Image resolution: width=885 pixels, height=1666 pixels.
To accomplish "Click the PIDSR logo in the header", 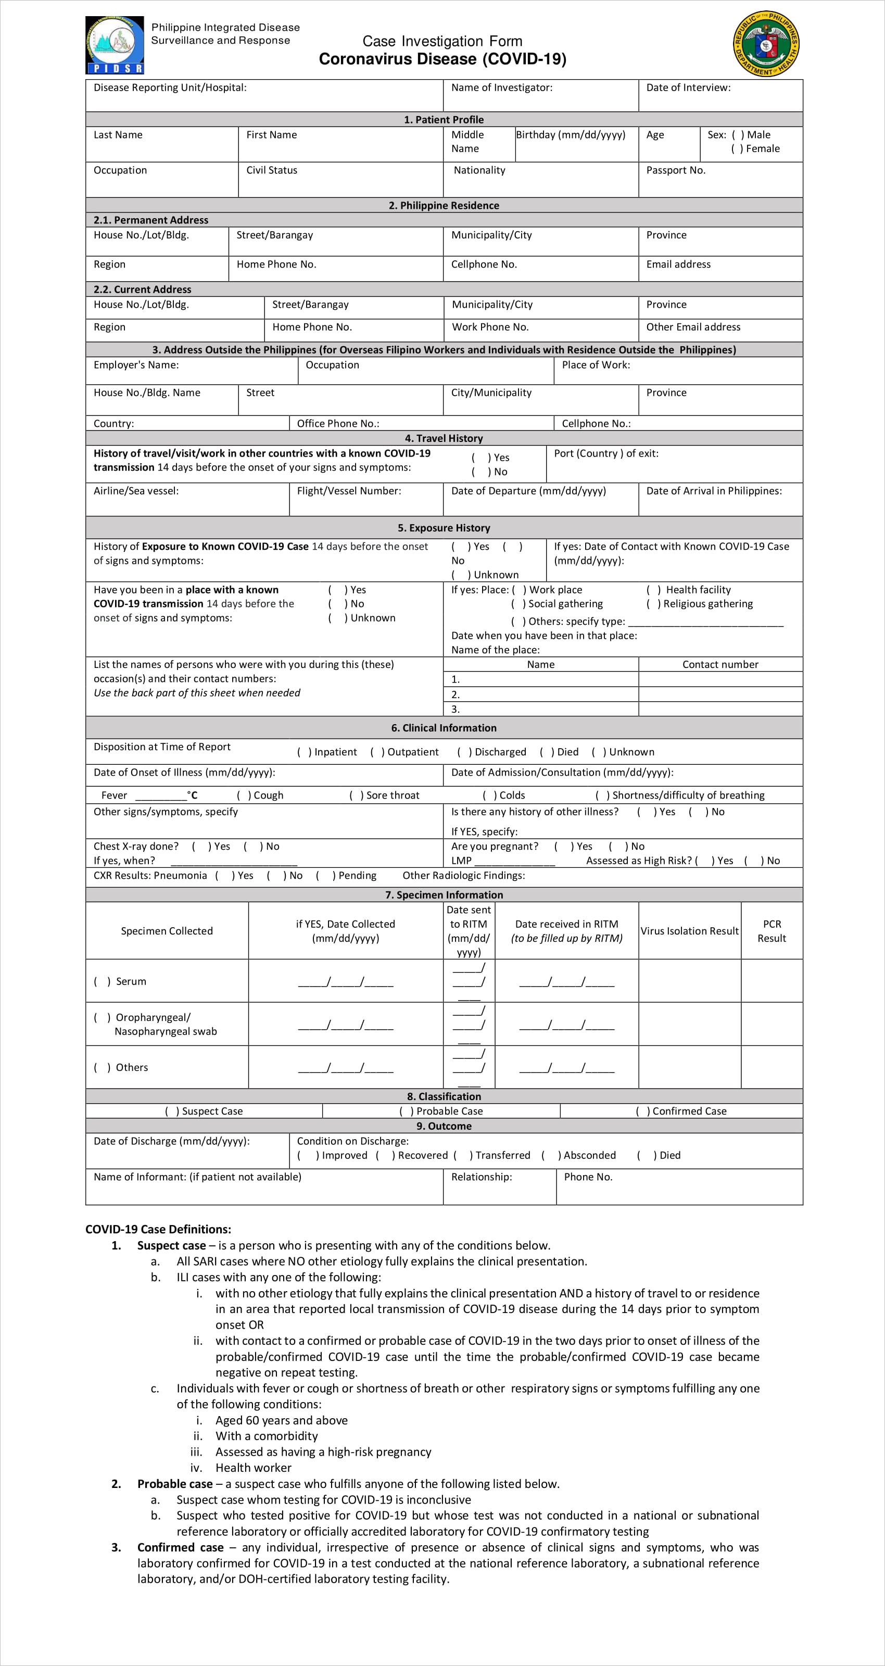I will coord(115,45).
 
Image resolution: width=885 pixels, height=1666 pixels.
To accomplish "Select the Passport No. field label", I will coord(675,170).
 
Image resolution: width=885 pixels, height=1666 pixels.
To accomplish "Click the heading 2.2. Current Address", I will coord(142,289).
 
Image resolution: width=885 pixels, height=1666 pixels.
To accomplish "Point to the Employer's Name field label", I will coord(136,365).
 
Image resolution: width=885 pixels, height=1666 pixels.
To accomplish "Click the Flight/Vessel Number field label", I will coord(349,491).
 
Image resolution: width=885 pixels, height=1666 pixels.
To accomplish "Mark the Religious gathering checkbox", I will coord(653,603).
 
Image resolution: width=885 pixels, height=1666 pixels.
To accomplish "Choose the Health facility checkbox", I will coord(653,590).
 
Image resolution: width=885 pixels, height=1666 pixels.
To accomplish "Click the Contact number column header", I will coord(720,664).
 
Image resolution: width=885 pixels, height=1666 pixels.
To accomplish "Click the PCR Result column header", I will coord(772,931).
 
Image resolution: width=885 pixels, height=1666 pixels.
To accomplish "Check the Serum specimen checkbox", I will coord(102,981).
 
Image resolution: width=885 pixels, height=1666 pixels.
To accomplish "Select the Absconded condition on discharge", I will coord(550,1155).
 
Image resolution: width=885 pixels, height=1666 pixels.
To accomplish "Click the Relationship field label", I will coord(482,1177).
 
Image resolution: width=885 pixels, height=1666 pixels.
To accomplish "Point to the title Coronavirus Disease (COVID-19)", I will coord(443,59).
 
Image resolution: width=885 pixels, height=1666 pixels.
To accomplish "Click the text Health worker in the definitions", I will coord(253,1468).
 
